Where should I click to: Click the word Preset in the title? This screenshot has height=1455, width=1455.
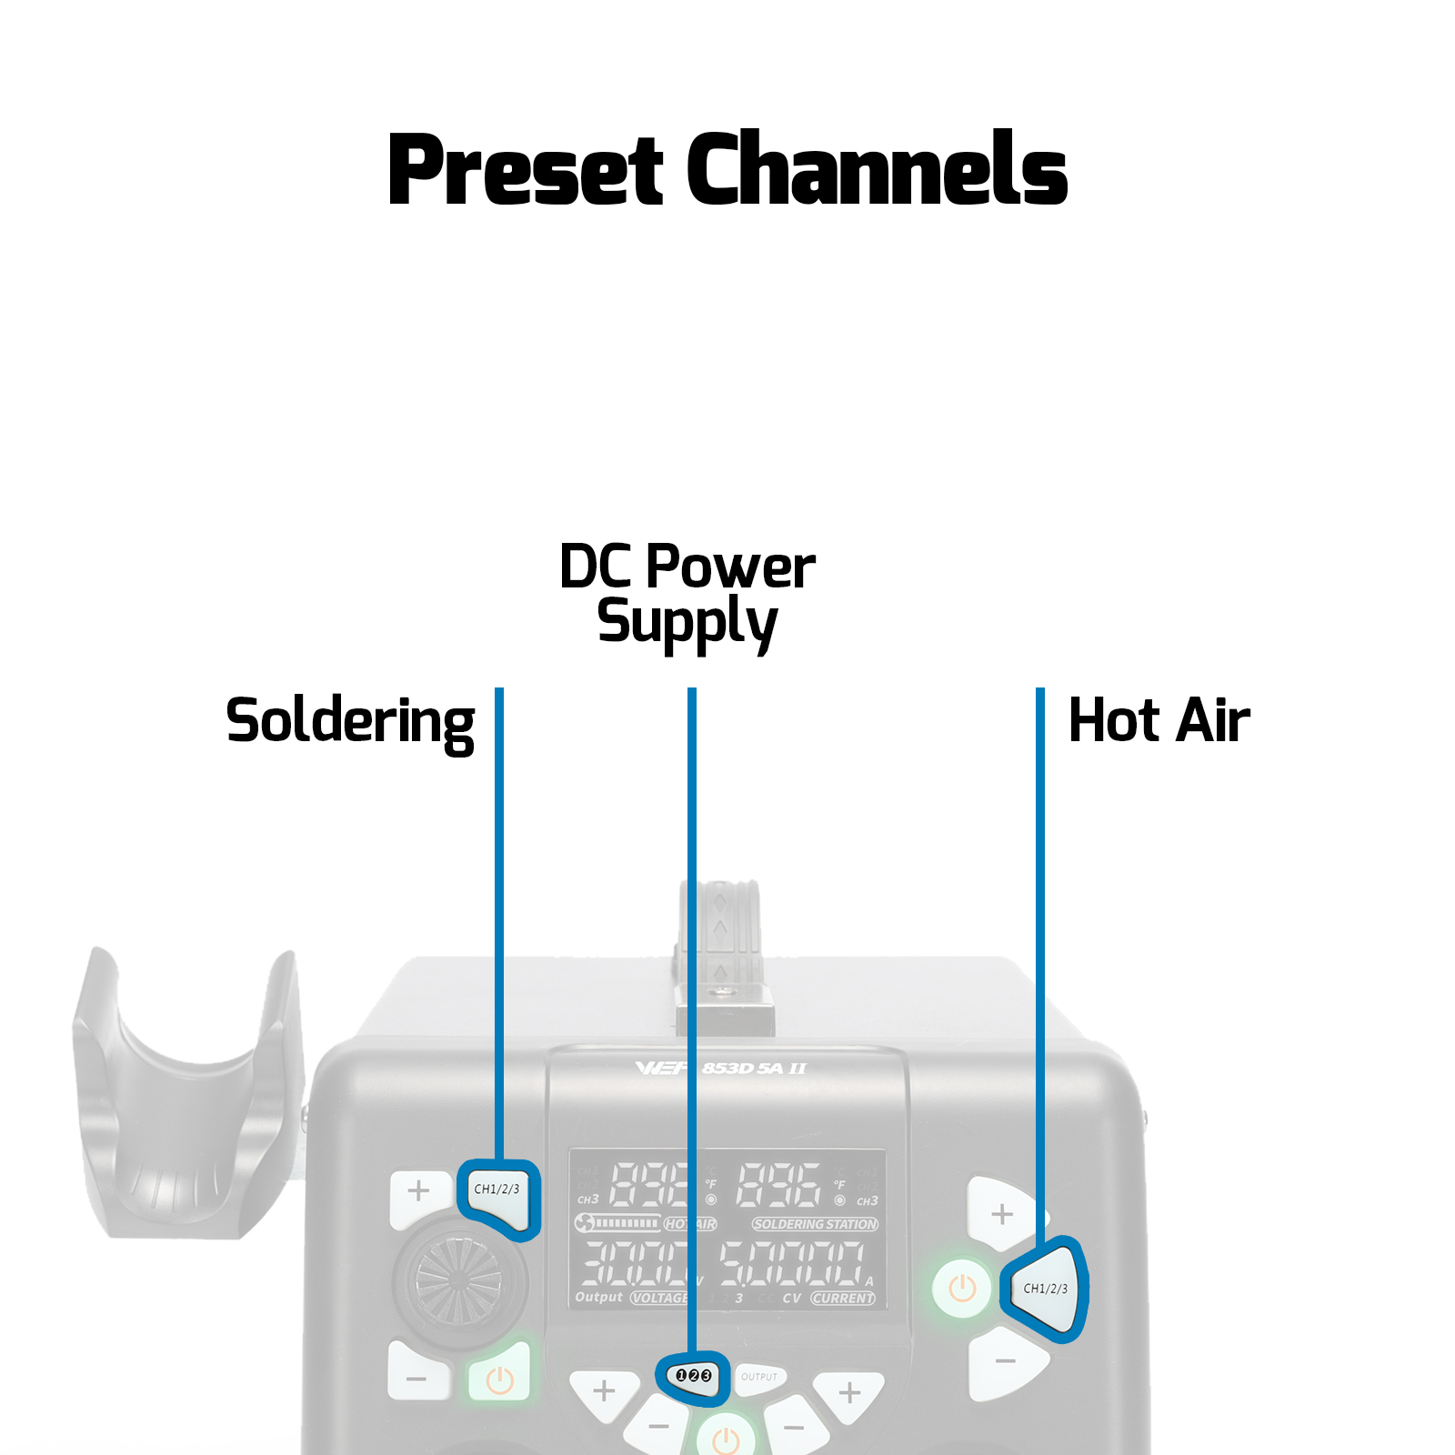pyautogui.click(x=526, y=170)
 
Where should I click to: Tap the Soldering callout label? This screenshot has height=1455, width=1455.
pyautogui.click(x=350, y=721)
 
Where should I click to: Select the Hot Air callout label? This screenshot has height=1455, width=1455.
pyautogui.click(x=1159, y=720)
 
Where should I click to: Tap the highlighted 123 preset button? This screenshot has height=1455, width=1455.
pyautogui.click(x=693, y=1376)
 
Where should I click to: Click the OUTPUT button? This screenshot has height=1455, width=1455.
pyautogui.click(x=759, y=1377)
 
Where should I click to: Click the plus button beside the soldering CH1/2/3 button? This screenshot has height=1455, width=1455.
pyautogui.click(x=418, y=1191)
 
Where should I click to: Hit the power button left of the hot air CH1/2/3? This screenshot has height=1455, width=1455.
pyautogui.click(x=962, y=1288)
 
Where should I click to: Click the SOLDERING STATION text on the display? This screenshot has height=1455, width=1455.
pyautogui.click(x=815, y=1224)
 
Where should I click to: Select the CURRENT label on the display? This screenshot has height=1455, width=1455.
pyautogui.click(x=842, y=1298)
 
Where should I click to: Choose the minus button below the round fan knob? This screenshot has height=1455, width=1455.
pyautogui.click(x=416, y=1379)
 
